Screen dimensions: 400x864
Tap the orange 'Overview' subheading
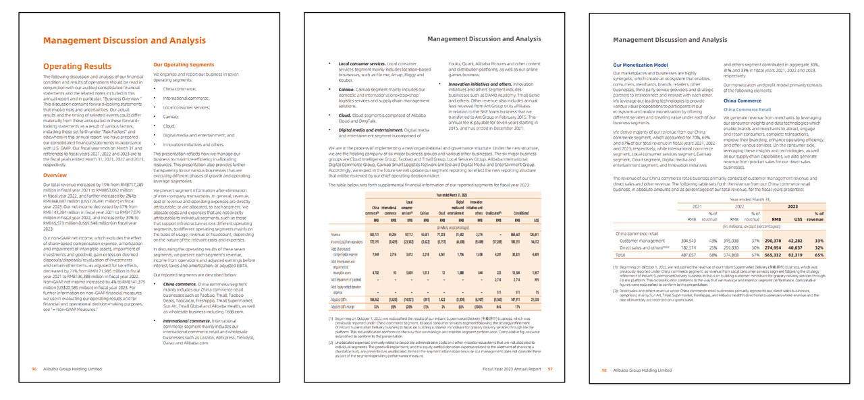pos(55,175)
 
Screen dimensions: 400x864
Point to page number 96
pos(34,369)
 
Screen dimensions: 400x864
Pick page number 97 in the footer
pos(550,369)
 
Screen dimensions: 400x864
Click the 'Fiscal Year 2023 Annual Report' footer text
pos(512,369)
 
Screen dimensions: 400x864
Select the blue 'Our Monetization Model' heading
pos(641,65)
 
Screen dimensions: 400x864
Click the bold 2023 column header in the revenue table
pos(793,207)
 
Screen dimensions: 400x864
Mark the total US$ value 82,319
pos(794,256)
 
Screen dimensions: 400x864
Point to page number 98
pos(604,370)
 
